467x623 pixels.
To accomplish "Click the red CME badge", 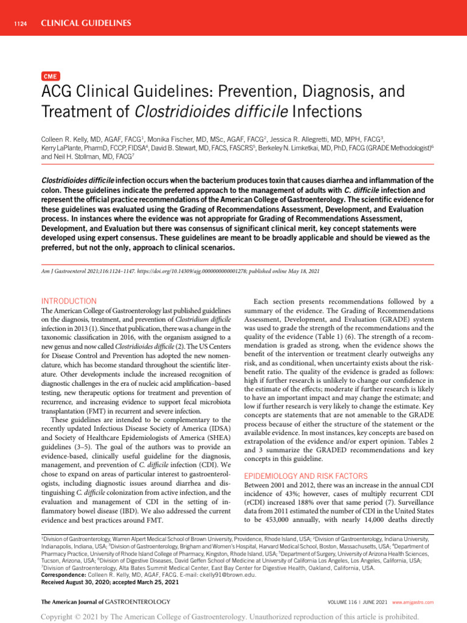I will pyautogui.click(x=50, y=77).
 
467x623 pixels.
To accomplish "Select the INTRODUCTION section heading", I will pyautogui.click(x=68, y=301).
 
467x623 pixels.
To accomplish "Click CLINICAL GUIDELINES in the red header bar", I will pyautogui.click(x=86, y=24).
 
